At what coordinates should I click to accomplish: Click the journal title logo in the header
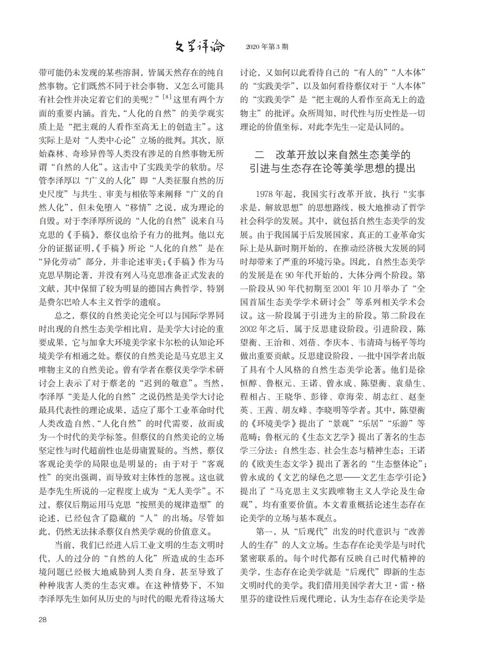click(x=200, y=46)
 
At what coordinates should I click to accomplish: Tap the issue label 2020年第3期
click(x=266, y=46)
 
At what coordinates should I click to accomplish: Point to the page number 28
click(x=43, y=619)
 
